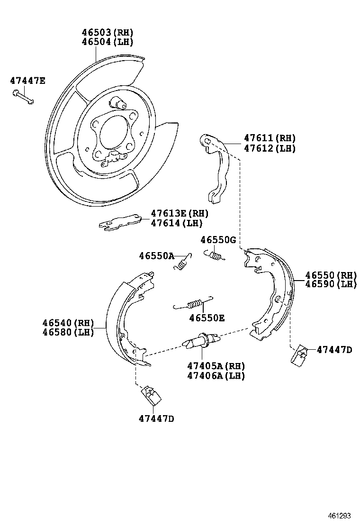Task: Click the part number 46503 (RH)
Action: point(107,33)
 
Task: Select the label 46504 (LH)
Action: point(107,42)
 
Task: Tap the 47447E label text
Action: point(27,81)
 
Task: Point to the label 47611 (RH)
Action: point(270,138)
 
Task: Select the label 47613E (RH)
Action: point(180,214)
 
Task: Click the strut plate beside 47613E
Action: point(120,221)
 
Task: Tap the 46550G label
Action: point(217,240)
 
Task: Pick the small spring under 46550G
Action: point(215,255)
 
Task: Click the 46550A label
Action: point(156,256)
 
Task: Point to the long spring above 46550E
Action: point(193,303)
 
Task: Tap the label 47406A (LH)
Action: point(216,375)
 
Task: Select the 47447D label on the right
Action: point(334,350)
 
